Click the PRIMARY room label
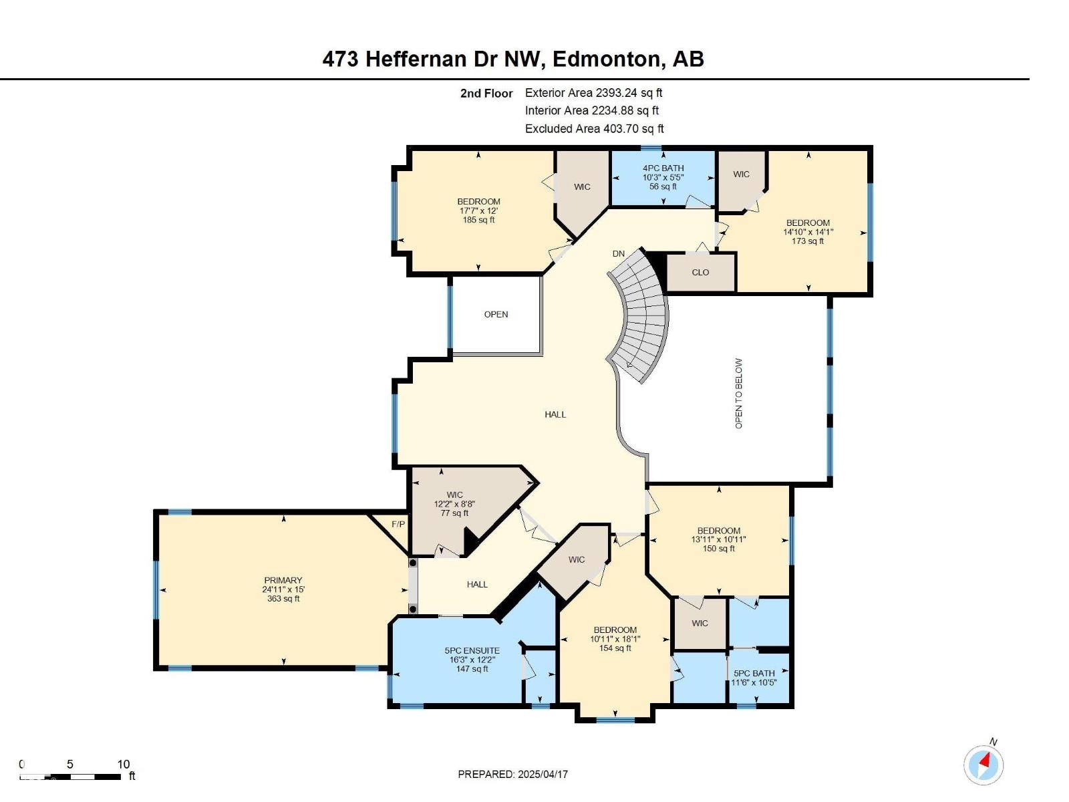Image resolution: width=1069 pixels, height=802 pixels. click(x=283, y=581)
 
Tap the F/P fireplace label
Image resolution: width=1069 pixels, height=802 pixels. click(x=398, y=524)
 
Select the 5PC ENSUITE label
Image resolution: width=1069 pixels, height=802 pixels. click(x=472, y=650)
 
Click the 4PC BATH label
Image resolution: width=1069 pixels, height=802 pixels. click(x=663, y=168)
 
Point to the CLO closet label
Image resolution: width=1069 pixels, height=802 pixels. click(x=700, y=273)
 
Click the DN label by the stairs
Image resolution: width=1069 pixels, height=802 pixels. click(x=619, y=254)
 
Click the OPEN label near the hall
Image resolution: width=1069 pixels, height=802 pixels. click(x=496, y=315)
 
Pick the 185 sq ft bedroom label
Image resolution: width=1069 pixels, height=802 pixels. click(x=478, y=211)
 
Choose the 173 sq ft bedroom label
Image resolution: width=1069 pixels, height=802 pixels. click(x=808, y=232)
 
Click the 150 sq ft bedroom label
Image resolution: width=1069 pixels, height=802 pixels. click(x=718, y=539)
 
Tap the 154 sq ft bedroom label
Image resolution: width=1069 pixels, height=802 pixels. click(x=615, y=639)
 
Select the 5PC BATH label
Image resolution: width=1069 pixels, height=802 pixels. click(x=754, y=674)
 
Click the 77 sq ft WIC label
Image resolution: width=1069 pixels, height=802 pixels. click(x=454, y=504)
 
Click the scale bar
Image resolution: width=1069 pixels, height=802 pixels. click(x=71, y=777)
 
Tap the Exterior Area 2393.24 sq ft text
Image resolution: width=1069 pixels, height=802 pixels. click(x=593, y=93)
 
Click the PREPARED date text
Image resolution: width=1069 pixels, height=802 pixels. click(x=512, y=774)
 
